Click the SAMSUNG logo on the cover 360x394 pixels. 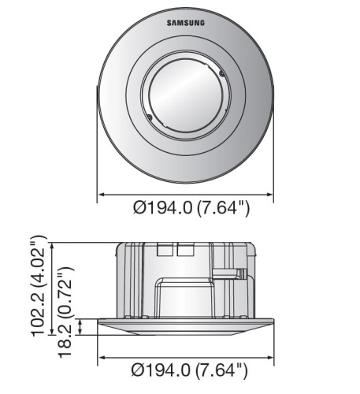(x=186, y=23)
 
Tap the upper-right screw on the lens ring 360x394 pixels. (x=222, y=74)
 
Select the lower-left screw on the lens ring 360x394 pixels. (x=149, y=117)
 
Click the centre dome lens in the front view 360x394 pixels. (x=186, y=95)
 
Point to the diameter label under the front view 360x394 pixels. (x=191, y=208)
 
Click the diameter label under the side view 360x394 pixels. (x=189, y=370)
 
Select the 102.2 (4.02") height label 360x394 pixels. (x=39, y=286)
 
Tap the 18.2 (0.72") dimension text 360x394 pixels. (x=65, y=313)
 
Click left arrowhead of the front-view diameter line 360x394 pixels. (x=102, y=195)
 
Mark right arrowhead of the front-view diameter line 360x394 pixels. (x=270, y=195)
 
